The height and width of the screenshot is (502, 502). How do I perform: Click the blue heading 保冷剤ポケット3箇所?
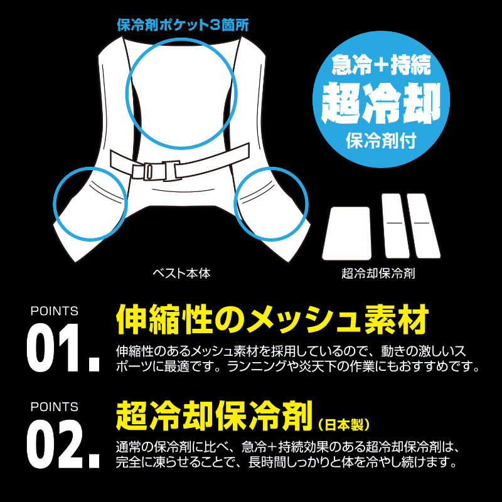pyautogui.click(x=183, y=25)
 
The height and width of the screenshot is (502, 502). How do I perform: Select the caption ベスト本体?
pyautogui.click(x=181, y=273)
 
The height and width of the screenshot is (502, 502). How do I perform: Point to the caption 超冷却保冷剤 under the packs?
pyautogui.click(x=378, y=273)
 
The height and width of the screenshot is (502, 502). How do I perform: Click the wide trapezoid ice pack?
pyautogui.click(x=347, y=233)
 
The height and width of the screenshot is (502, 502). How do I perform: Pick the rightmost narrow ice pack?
pyautogui.click(x=424, y=225)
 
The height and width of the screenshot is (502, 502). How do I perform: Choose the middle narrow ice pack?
pyautogui.click(x=395, y=225)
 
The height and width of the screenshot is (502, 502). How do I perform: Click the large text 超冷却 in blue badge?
pyautogui.click(x=381, y=103)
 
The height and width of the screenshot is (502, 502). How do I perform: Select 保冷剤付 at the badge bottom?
pyautogui.click(x=381, y=141)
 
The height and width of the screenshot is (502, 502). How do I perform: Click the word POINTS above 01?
pyautogui.click(x=54, y=311)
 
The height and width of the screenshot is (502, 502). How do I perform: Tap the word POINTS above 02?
pyautogui.click(x=54, y=407)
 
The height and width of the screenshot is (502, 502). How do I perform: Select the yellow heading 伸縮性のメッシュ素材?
pyautogui.click(x=272, y=320)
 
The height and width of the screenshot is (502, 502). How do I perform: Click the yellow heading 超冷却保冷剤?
pyautogui.click(x=214, y=416)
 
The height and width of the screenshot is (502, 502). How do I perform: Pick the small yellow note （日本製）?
pyautogui.click(x=344, y=425)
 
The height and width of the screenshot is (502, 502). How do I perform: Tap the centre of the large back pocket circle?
pyautogui.click(x=181, y=93)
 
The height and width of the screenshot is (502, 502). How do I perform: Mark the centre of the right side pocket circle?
pyautogui.click(x=271, y=203)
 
